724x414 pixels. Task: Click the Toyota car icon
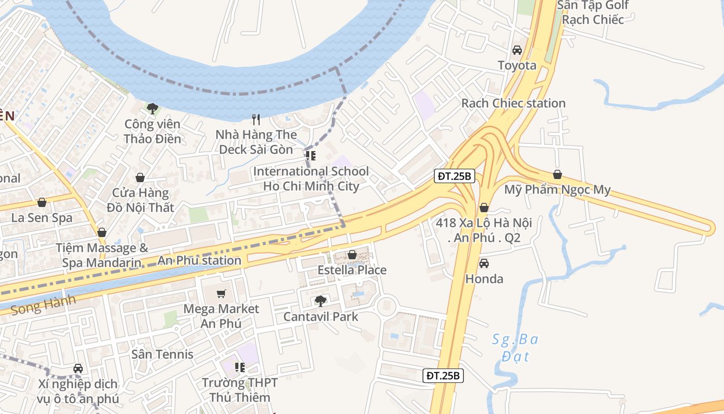pyautogui.click(x=517, y=50)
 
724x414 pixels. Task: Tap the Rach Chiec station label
pyautogui.click(x=513, y=103)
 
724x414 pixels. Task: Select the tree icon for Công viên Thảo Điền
pyautogui.click(x=152, y=108)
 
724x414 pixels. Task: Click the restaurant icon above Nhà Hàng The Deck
pyautogui.click(x=256, y=120)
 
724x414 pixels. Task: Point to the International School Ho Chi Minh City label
pyautogui.click(x=311, y=179)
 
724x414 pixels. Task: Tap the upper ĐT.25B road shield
pyautogui.click(x=454, y=176)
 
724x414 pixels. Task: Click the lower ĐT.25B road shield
pyautogui.click(x=443, y=376)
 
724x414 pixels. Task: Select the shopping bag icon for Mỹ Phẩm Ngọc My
pyautogui.click(x=557, y=174)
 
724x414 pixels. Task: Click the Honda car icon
pyautogui.click(x=484, y=263)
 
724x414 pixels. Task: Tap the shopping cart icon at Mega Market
pyautogui.click(x=221, y=294)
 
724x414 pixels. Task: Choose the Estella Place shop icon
pyautogui.click(x=352, y=255)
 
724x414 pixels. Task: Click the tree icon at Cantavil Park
pyautogui.click(x=321, y=301)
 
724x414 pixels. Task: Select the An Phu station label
pyautogui.click(x=200, y=260)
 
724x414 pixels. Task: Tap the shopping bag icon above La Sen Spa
pyautogui.click(x=42, y=202)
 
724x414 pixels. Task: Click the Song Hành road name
pyautogui.click(x=43, y=305)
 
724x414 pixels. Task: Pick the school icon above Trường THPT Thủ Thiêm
pyautogui.click(x=239, y=367)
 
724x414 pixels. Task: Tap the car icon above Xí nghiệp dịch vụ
pyautogui.click(x=78, y=368)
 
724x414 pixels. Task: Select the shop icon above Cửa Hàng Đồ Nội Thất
pyautogui.click(x=140, y=178)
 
